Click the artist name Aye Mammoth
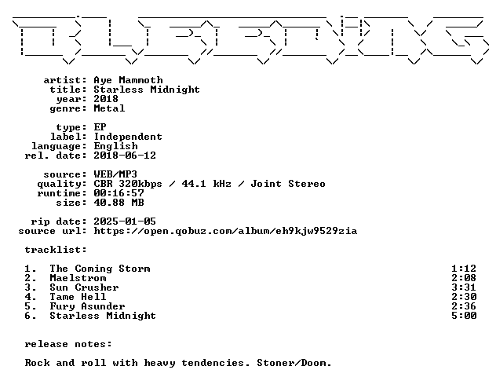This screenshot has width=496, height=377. coord(128,80)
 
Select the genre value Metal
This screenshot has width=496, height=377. coord(109,108)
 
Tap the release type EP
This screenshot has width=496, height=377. coord(100,127)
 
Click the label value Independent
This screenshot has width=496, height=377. coord(128,137)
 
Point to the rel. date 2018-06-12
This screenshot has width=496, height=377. coord(125,156)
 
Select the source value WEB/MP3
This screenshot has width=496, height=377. coord(115,174)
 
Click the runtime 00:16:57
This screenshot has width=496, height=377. coord(119,193)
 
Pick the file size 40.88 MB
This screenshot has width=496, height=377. coord(119,203)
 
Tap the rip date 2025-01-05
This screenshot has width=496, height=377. coord(125,221)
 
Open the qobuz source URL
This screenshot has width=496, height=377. coord(225,231)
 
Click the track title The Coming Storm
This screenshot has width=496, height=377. coord(100,269)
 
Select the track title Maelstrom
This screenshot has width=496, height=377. coord(78,278)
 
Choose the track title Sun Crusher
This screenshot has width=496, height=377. coord(84,287)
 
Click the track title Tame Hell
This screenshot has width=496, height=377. coord(78,297)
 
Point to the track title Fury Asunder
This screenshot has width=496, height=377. coord(87,306)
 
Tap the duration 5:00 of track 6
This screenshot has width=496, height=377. coord(464,316)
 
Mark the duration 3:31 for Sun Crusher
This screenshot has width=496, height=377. coord(464,287)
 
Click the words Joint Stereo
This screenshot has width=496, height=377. coord(288,184)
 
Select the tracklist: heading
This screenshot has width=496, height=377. coord(56,250)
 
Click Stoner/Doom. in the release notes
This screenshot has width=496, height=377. coord(294,363)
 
